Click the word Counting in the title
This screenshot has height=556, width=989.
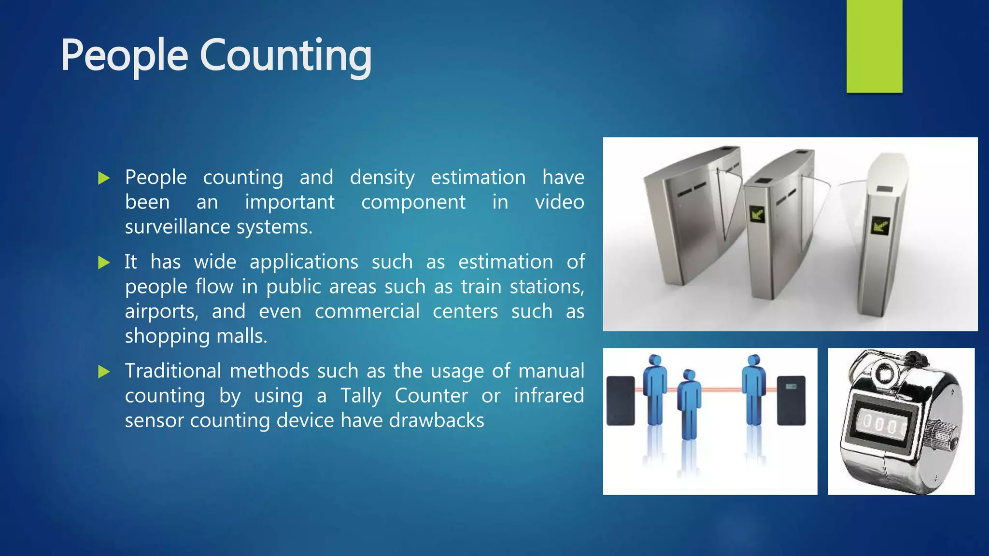pos(285,56)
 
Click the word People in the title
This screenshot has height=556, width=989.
pos(124,56)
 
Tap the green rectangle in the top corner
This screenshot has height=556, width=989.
pos(874,46)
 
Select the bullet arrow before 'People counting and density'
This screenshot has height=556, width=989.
pos(104,178)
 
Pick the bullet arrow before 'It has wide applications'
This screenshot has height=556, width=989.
pos(104,263)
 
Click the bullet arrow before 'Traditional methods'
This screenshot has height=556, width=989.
pos(104,372)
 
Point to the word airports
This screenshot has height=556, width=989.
pos(161,312)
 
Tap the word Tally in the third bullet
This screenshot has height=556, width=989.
pos(361,396)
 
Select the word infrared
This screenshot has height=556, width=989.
pos(549,396)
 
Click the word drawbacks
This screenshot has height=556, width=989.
pos(436,420)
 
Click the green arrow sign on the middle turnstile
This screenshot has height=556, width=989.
pos(757,214)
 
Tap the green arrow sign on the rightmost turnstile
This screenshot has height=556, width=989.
pos(880,226)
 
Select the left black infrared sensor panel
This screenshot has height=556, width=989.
pos(621,401)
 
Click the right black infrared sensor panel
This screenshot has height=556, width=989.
pos(791,401)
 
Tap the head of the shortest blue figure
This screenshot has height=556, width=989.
pos(689,375)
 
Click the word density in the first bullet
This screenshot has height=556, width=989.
pos(382,178)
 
